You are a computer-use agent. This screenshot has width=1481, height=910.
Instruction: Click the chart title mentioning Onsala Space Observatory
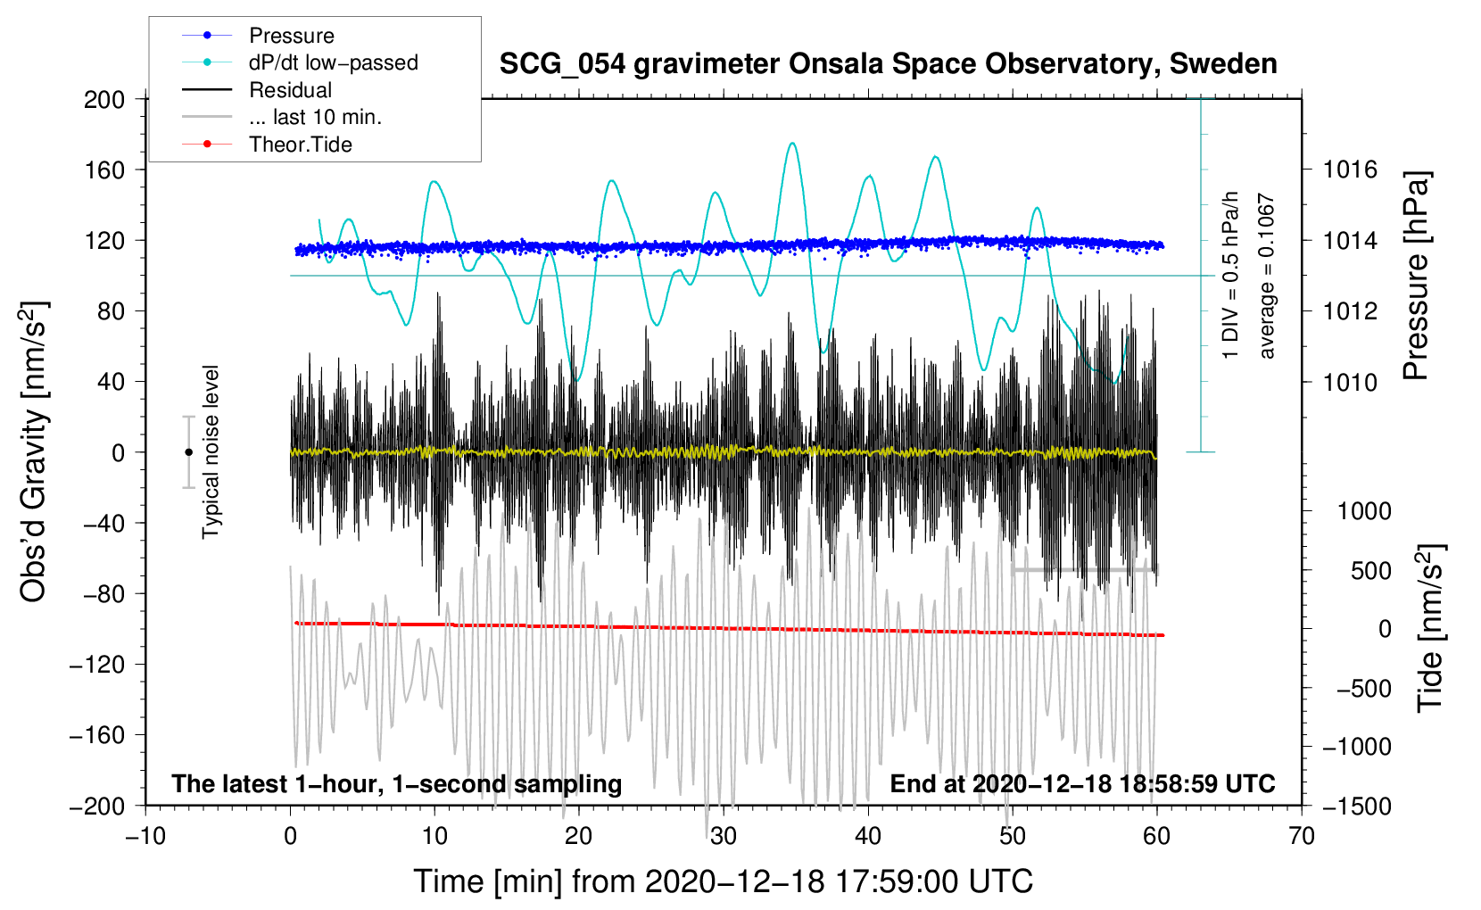click(888, 64)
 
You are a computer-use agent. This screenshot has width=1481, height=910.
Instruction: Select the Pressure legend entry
click(291, 36)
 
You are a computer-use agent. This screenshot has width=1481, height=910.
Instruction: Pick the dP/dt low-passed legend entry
click(333, 62)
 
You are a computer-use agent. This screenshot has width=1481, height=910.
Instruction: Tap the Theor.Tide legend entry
click(300, 145)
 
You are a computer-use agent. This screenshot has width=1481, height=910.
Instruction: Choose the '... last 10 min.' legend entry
click(315, 117)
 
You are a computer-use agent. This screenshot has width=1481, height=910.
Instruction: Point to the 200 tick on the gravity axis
click(104, 99)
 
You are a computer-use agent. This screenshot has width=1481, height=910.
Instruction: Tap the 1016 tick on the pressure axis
click(1350, 170)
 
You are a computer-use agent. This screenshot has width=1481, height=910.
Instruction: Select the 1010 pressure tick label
click(1350, 382)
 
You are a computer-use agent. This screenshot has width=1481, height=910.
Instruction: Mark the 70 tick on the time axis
click(1302, 836)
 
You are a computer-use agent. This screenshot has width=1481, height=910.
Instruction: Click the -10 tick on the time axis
click(145, 836)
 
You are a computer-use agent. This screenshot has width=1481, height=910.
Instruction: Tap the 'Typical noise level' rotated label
click(211, 451)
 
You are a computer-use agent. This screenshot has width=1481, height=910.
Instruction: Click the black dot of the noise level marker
click(188, 452)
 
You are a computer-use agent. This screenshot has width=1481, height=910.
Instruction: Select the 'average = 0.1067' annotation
click(1267, 277)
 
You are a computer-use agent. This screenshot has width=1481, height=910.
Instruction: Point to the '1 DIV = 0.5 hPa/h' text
click(1231, 275)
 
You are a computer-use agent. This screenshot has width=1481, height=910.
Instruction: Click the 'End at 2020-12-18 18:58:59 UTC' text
click(1082, 783)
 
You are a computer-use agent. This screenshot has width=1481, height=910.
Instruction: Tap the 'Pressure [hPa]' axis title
click(1416, 277)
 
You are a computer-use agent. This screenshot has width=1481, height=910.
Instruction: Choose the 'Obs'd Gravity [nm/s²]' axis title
click(34, 451)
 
